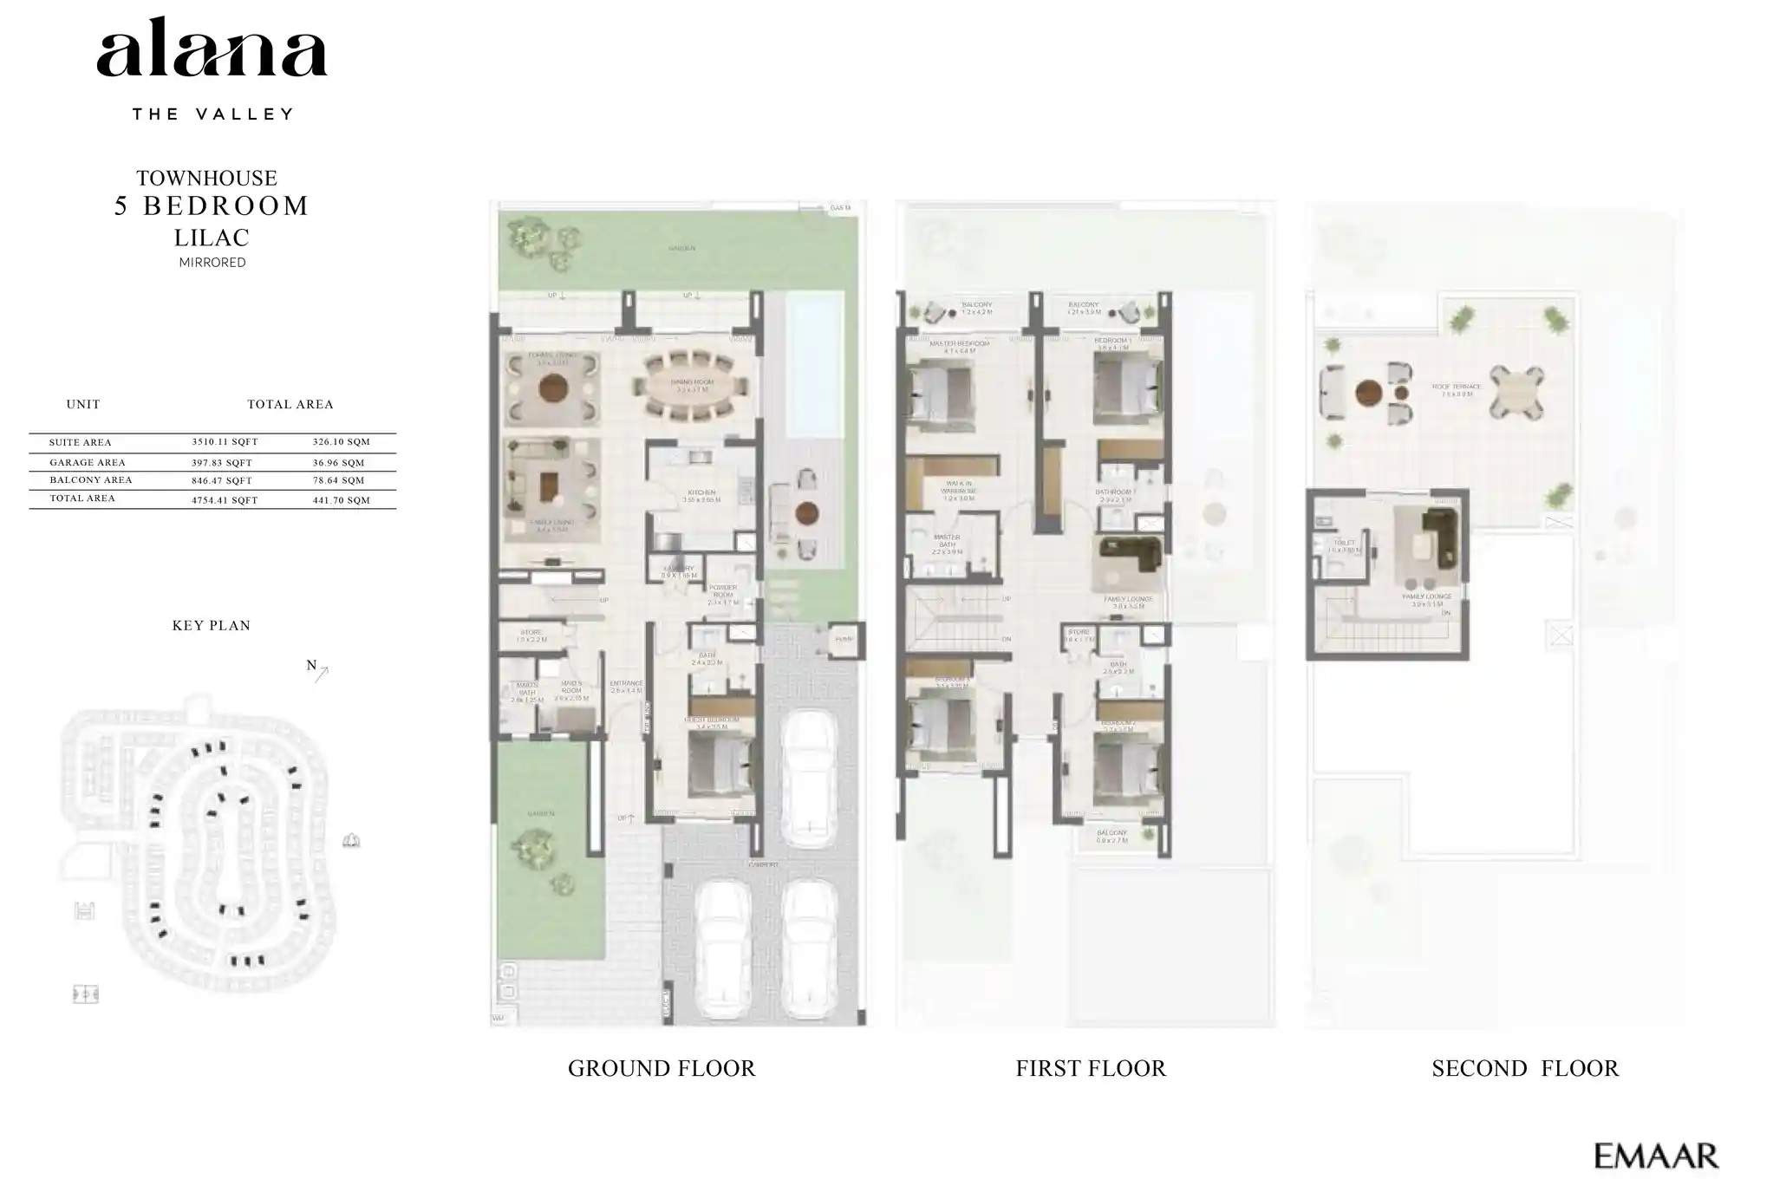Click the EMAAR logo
(x=1655, y=1156)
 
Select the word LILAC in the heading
(x=212, y=237)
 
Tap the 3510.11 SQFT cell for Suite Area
(x=225, y=442)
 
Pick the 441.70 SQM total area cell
(x=341, y=500)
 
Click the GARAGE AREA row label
(x=87, y=463)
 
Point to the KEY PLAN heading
(x=211, y=625)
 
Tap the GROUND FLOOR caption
(x=661, y=1068)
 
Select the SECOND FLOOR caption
(x=1524, y=1068)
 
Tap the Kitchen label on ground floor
(x=701, y=492)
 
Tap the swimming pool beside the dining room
(x=814, y=364)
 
